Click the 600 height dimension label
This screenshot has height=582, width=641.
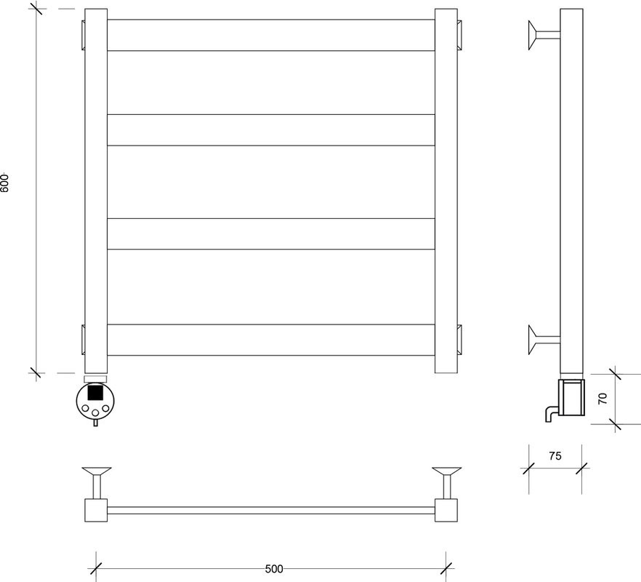(4, 183)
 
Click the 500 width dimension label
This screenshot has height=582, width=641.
(274, 569)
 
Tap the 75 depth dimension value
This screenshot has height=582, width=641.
(555, 455)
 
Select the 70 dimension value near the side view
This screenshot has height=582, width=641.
(602, 399)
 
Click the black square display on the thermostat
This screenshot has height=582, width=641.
(95, 392)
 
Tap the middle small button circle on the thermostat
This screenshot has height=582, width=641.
(95, 412)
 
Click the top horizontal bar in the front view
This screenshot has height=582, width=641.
(271, 35)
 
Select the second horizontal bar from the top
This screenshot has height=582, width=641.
(271, 130)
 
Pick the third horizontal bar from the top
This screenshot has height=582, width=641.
(271, 234)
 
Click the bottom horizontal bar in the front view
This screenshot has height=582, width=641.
(271, 340)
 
